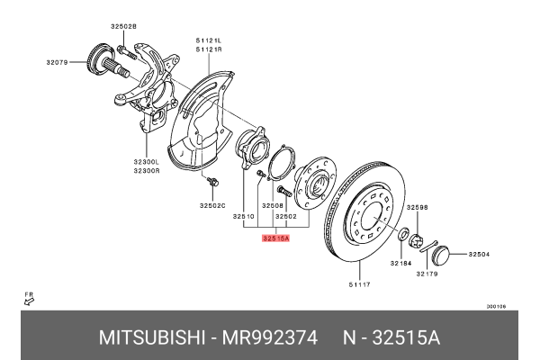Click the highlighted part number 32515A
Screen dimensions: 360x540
pyautogui.click(x=274, y=238)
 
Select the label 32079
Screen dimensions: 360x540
pyautogui.click(x=58, y=62)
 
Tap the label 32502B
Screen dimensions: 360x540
pyautogui.click(x=124, y=27)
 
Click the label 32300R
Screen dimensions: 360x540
pyautogui.click(x=147, y=168)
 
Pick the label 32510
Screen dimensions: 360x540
pyautogui.click(x=244, y=217)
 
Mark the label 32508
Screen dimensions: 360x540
pyautogui.click(x=273, y=206)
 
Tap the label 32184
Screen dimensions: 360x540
pyautogui.click(x=401, y=263)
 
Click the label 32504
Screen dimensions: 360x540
pyautogui.click(x=479, y=255)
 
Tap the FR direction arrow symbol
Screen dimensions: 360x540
pyautogui.click(x=29, y=302)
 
